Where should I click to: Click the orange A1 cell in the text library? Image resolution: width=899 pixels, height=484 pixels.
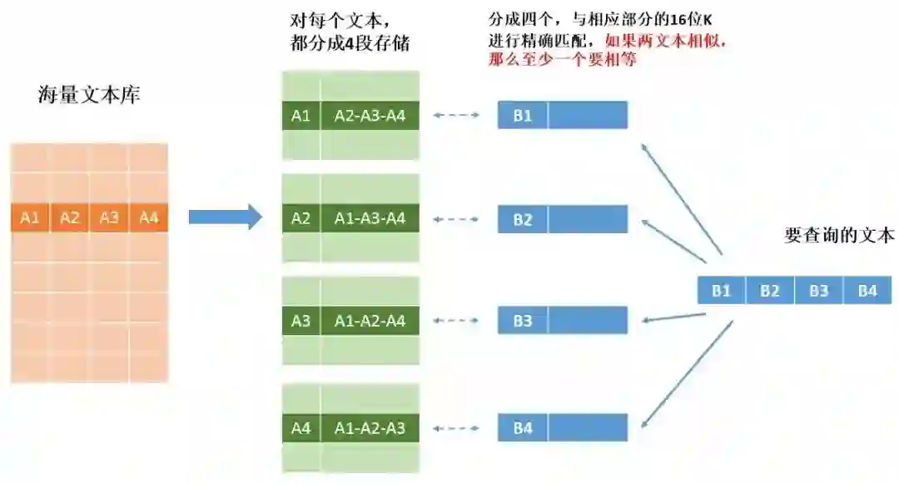[30, 218]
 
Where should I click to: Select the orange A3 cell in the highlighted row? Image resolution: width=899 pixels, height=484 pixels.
[109, 218]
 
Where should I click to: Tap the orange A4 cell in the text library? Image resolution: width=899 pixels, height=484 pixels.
[148, 218]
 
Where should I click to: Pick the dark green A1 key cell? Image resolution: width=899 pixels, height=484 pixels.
[300, 116]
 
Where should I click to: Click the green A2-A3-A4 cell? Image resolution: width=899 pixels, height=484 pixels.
[370, 116]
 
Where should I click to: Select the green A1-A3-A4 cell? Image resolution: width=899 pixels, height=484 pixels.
[370, 219]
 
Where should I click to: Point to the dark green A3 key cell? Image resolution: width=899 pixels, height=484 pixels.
[300, 321]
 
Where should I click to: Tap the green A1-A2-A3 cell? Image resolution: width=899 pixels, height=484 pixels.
[370, 428]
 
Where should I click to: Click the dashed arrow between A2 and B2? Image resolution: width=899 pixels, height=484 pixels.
[457, 219]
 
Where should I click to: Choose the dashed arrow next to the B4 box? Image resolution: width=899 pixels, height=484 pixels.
[457, 428]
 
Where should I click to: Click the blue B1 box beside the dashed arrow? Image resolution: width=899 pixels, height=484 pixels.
[522, 116]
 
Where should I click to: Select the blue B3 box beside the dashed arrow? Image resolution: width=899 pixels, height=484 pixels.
[522, 321]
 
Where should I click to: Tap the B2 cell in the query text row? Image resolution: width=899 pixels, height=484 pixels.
[770, 291]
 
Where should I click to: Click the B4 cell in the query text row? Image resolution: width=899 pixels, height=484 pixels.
[867, 291]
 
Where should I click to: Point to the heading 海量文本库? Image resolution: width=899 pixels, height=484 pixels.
[89, 94]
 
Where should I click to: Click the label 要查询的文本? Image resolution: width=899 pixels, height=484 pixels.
[839, 235]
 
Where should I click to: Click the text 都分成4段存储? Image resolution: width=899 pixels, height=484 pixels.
[350, 43]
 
